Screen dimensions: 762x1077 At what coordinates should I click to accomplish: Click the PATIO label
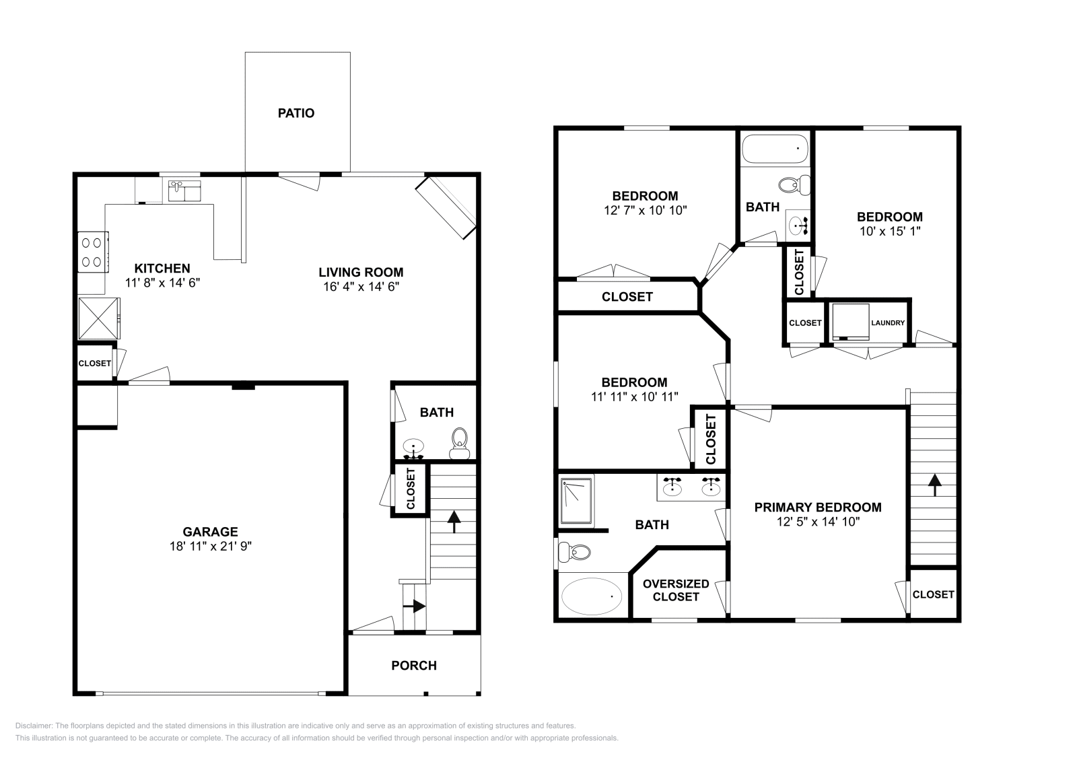pyautogui.click(x=296, y=113)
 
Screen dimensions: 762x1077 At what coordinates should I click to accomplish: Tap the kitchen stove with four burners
pyautogui.click(x=94, y=251)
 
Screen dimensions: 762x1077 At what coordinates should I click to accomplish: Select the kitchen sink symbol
pyautogui.click(x=182, y=191)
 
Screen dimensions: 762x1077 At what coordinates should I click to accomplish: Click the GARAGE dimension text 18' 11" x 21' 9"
pyautogui.click(x=211, y=547)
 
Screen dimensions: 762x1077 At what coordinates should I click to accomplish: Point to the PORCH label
pyautogui.click(x=414, y=665)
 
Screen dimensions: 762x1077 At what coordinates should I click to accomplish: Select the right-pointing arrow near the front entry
pyautogui.click(x=417, y=606)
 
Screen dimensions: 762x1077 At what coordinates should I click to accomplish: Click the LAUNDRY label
pyautogui.click(x=888, y=323)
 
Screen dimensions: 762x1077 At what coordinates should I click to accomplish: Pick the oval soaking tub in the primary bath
pyautogui.click(x=592, y=596)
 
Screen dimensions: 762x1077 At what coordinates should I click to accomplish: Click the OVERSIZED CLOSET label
pyautogui.click(x=676, y=590)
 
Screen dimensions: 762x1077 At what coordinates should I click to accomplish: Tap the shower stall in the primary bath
pyautogui.click(x=576, y=501)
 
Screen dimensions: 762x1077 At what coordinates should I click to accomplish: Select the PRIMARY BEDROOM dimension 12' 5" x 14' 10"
pyautogui.click(x=817, y=521)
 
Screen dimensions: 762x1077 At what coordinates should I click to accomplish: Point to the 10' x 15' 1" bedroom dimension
pyautogui.click(x=889, y=231)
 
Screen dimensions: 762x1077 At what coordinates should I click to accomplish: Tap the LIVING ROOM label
pyautogui.click(x=361, y=272)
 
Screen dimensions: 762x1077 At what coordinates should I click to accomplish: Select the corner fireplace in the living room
pyautogui.click(x=446, y=208)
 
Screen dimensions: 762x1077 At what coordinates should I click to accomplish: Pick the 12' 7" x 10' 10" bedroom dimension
pyautogui.click(x=645, y=210)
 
